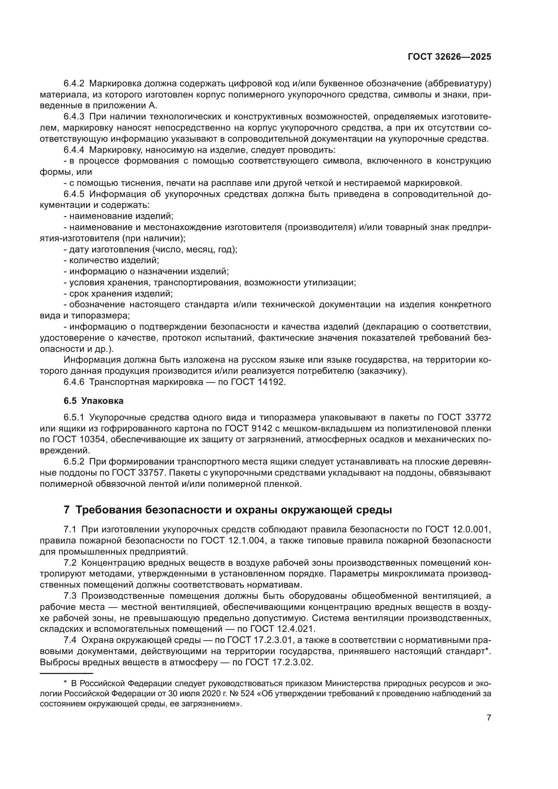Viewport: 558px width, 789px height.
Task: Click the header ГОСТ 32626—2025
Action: click(449, 57)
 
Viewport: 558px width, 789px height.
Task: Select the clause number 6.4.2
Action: click(74, 84)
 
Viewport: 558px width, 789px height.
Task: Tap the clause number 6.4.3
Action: click(74, 117)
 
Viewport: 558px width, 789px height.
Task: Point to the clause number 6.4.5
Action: click(74, 194)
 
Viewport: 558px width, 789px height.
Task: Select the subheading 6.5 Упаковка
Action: click(93, 401)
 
